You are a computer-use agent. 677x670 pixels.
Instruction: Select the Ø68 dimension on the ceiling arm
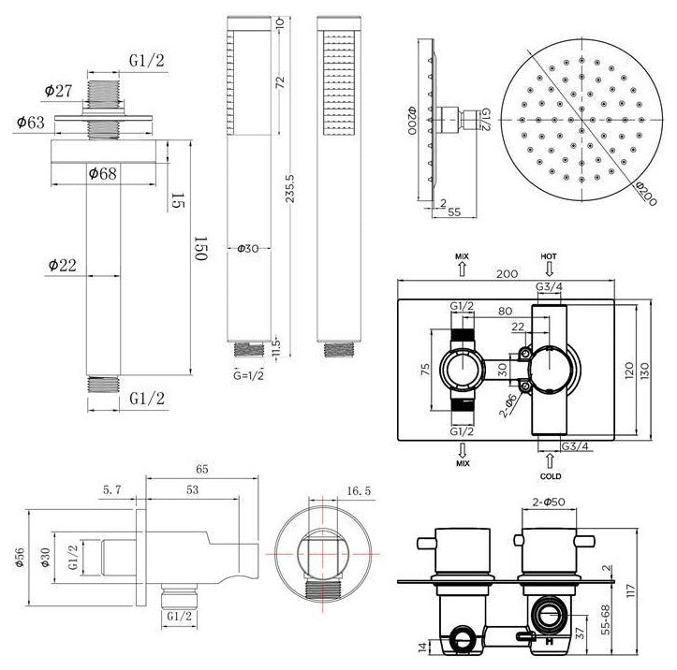pos(101,173)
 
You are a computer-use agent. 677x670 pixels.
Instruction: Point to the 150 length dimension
pos(199,248)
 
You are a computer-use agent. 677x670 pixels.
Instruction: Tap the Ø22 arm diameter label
pos(61,266)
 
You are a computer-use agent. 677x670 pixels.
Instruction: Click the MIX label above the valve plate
pos(462,255)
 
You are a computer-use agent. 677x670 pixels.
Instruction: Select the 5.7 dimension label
pos(111,488)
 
